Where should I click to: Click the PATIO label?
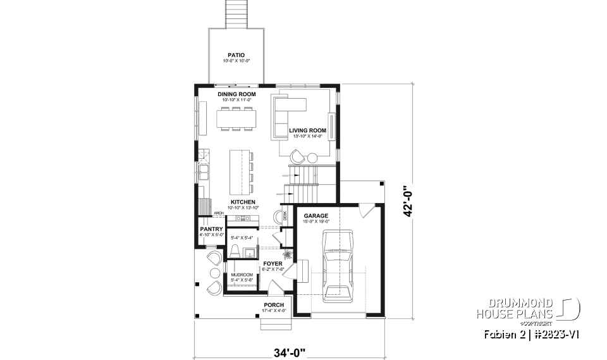click(236, 55)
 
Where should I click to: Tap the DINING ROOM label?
click(236, 94)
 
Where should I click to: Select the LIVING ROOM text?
click(307, 130)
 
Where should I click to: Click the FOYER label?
click(273, 263)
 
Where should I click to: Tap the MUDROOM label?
click(242, 275)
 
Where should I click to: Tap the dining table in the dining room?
click(236, 118)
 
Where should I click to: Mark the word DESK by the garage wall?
click(285, 217)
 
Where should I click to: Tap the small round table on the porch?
click(211, 273)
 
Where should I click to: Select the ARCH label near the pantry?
click(219, 214)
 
